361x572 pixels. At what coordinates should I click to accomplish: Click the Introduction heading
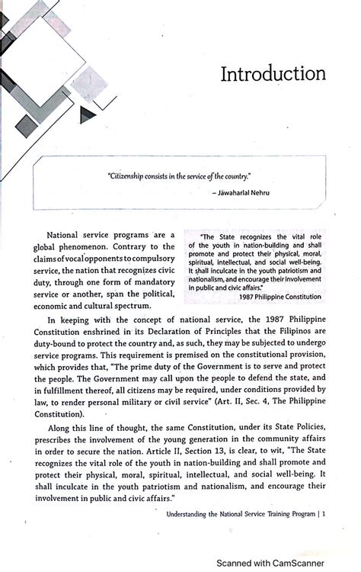click(273, 74)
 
